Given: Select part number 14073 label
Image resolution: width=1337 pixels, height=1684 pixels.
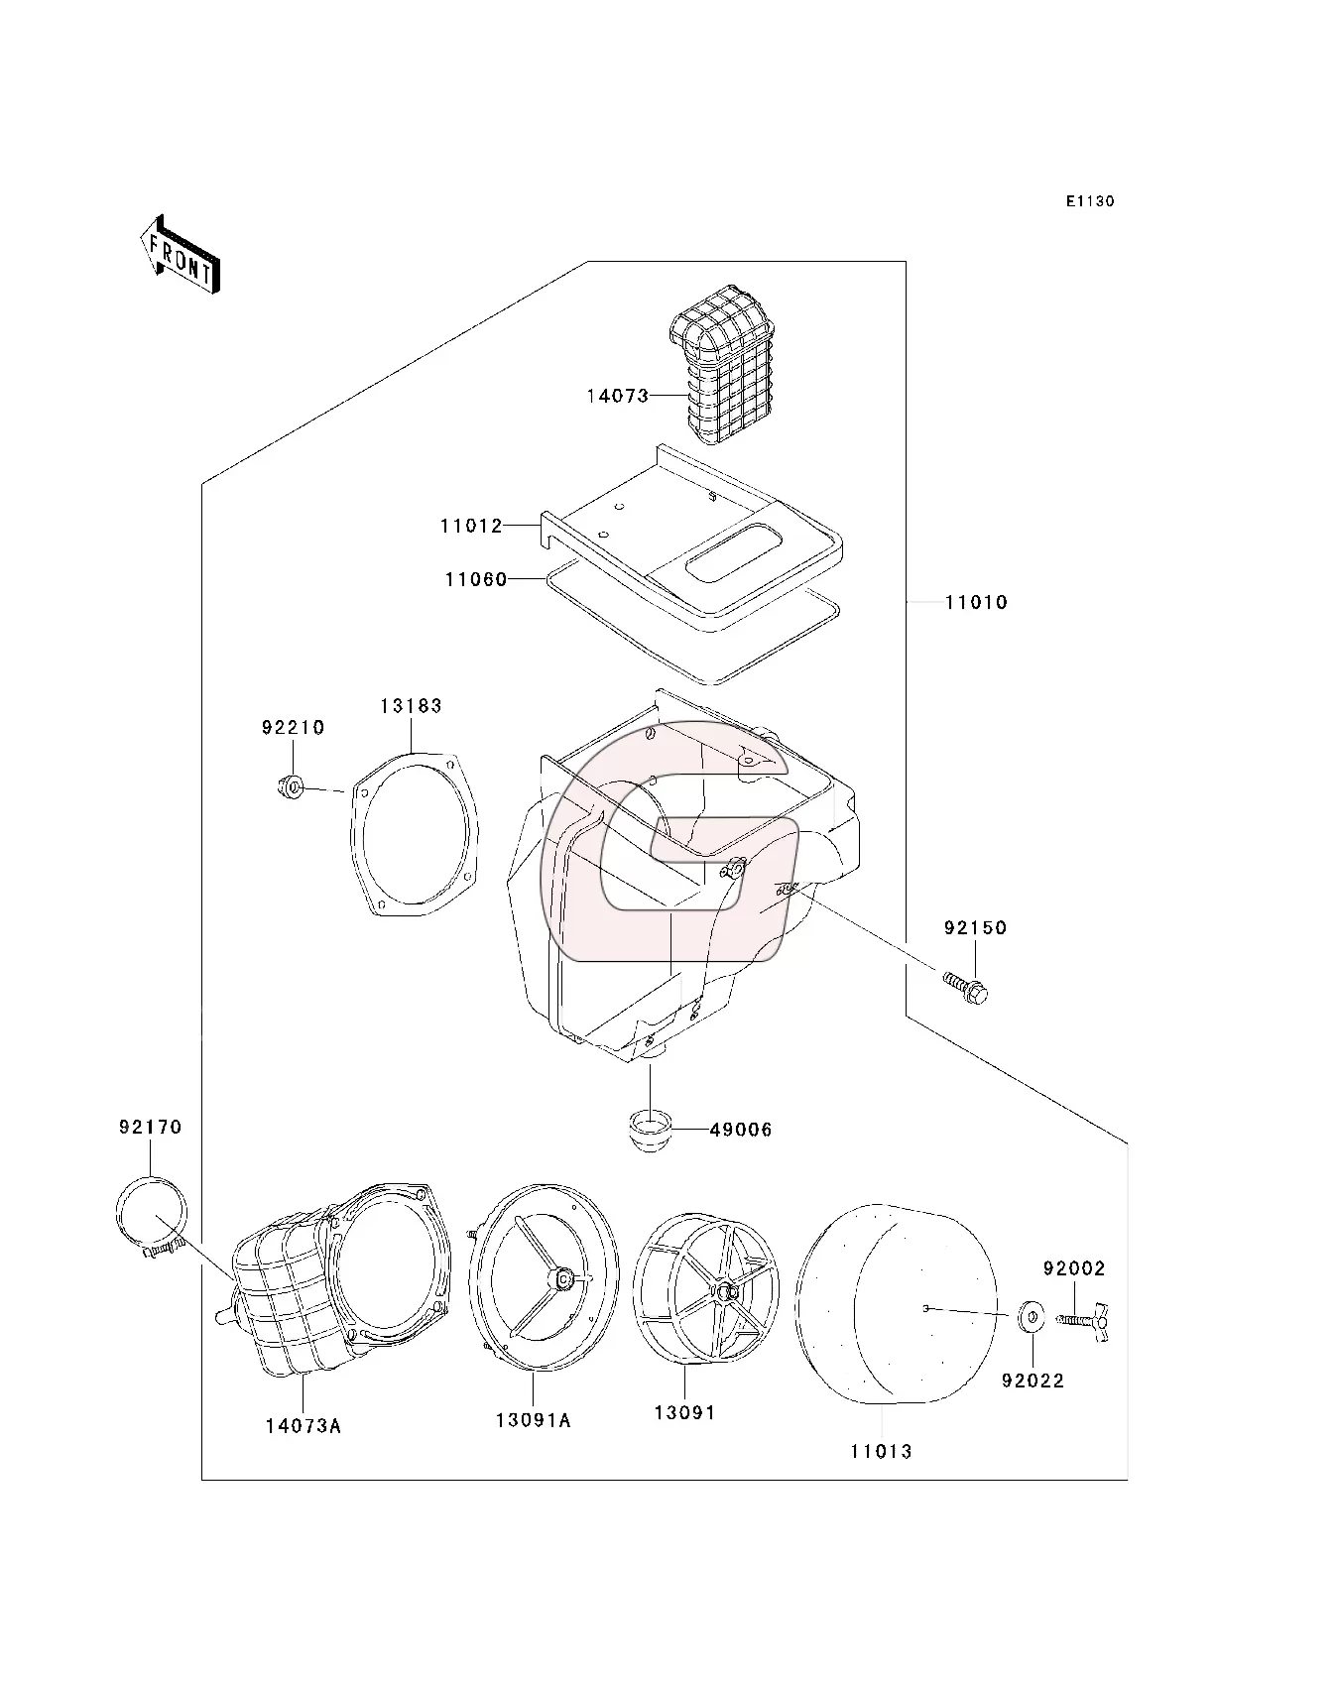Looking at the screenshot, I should coord(616,396).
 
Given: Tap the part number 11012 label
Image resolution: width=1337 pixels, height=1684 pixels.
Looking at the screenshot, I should coord(471,526).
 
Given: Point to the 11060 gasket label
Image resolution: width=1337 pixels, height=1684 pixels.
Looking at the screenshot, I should coord(475,579).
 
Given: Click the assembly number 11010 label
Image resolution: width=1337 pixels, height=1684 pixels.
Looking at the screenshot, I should coord(975,602).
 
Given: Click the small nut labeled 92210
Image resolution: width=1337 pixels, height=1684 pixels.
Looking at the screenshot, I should coord(289,788).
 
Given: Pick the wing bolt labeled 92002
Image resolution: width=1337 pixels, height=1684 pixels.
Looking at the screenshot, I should coord(1083,1320).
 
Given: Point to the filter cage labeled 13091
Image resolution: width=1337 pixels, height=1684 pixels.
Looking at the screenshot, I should coord(706,1290).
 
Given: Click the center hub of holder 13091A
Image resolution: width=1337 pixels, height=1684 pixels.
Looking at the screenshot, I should coord(562,1280).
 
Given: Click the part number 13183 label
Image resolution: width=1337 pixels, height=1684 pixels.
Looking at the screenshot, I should coord(411,706).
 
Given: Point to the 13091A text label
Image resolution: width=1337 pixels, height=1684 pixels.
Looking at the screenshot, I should coord(533,1420).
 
